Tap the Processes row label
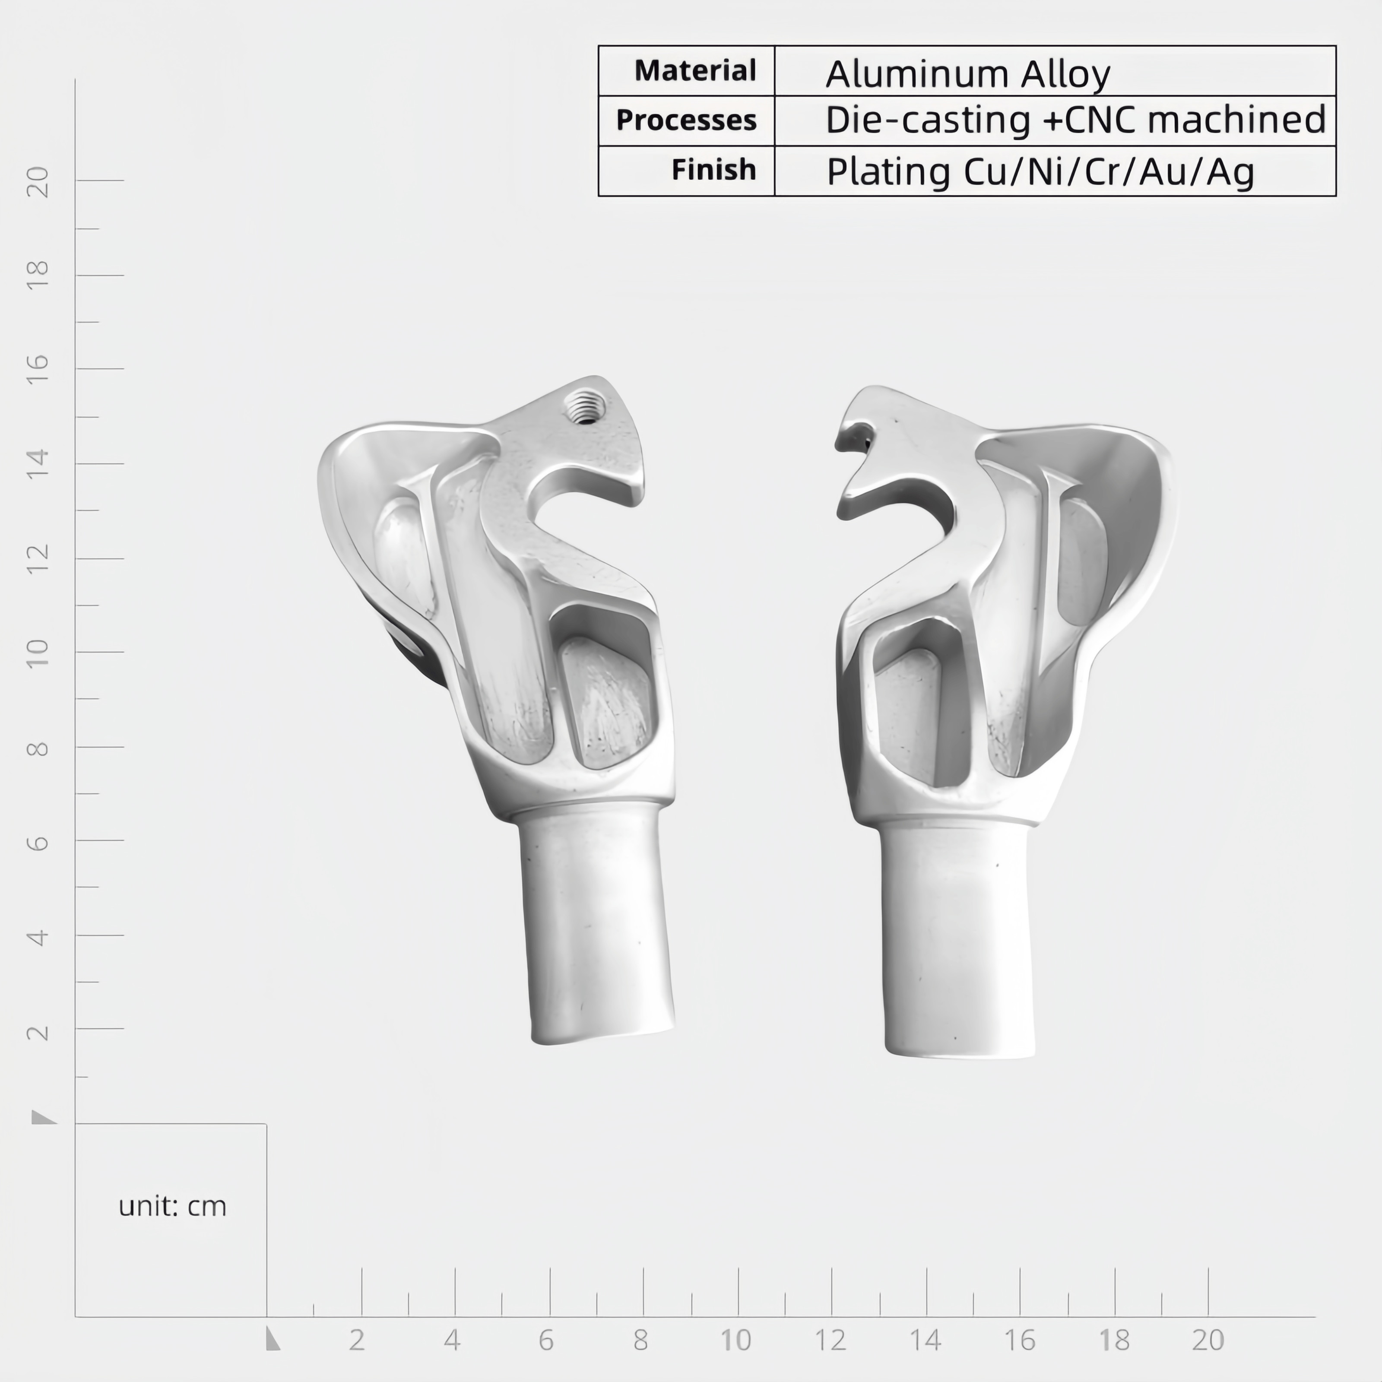coord(686,120)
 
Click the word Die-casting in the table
coord(928,120)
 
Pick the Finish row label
coord(713,170)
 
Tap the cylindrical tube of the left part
coord(596,923)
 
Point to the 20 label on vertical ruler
coord(38,182)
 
